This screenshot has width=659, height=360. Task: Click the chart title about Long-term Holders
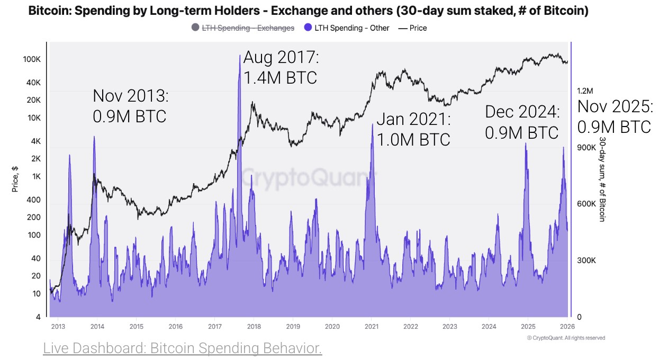click(308, 11)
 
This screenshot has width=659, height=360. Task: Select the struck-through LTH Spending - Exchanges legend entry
click(248, 28)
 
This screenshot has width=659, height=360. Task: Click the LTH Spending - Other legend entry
click(352, 28)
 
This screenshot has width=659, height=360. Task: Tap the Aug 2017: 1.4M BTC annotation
click(281, 68)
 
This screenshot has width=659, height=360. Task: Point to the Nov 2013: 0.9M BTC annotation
click(130, 106)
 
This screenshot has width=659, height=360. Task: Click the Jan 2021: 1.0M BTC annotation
click(413, 129)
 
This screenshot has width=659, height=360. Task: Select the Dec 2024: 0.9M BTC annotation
click(522, 122)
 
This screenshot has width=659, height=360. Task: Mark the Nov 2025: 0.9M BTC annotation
click(614, 117)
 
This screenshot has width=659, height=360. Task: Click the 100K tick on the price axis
click(32, 59)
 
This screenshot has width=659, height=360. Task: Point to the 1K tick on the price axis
click(35, 176)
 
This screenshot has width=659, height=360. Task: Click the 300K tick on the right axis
click(586, 260)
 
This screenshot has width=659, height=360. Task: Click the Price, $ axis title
click(15, 178)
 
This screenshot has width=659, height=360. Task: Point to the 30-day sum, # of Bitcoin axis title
click(602, 179)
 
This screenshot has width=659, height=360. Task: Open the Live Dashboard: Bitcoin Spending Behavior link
click(182, 348)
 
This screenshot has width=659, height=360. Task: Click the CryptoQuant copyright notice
click(566, 338)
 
